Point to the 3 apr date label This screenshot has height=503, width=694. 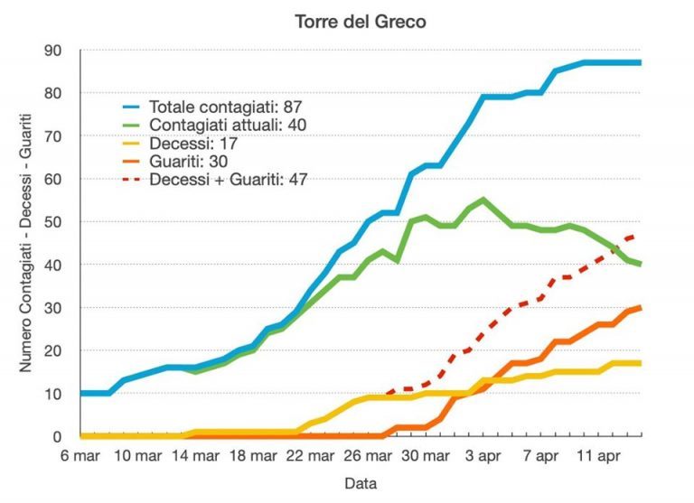[x=483, y=456]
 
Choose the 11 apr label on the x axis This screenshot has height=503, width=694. [x=598, y=456]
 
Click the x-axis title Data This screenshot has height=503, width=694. [x=360, y=483]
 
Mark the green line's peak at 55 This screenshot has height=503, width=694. [x=483, y=200]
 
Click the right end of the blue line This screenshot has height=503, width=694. [x=641, y=62]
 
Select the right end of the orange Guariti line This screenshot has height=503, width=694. [x=641, y=307]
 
